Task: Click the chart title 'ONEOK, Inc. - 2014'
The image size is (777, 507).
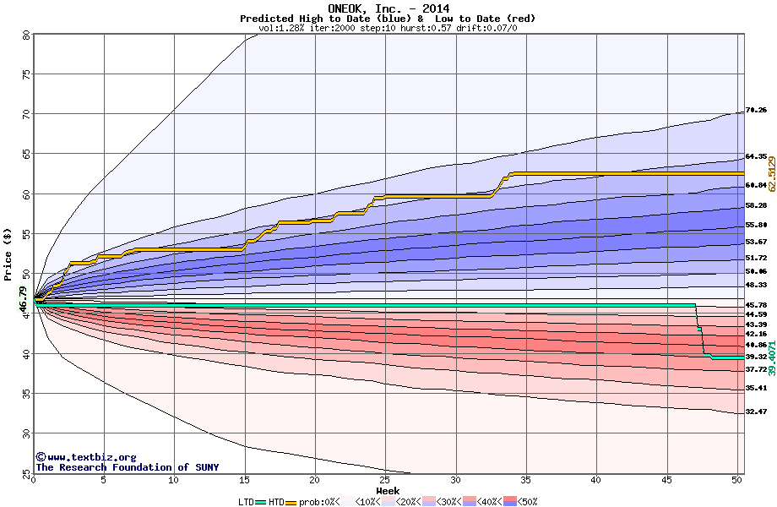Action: pos(388,8)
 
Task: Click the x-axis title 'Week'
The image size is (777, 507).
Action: pos(388,490)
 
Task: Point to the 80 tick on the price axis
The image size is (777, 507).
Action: pos(26,35)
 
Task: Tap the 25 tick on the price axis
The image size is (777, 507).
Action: pos(26,472)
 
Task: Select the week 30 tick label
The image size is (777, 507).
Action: pos(455,481)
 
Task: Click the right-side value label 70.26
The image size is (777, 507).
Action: pos(756,111)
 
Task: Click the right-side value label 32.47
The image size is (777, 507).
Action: pos(756,412)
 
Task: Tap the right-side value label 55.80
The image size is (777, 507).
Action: pos(756,225)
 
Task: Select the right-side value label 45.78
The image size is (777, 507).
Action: pos(756,305)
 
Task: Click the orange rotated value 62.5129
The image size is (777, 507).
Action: pos(771,172)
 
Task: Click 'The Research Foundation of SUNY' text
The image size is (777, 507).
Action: pos(127,467)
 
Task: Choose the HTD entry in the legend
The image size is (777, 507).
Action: pos(277,502)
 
